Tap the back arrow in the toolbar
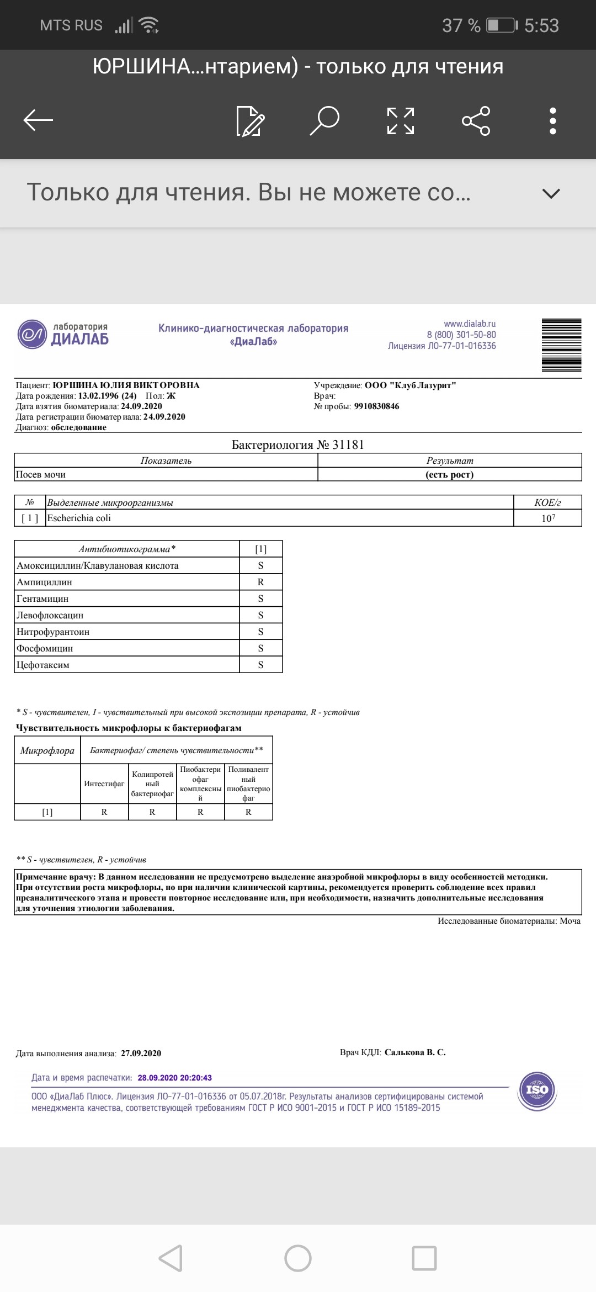pyautogui.click(x=38, y=120)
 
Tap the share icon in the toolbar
pyautogui.click(x=476, y=120)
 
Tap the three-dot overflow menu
pyautogui.click(x=552, y=120)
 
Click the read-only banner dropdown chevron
pyautogui.click(x=551, y=193)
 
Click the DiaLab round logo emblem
pyautogui.click(x=33, y=334)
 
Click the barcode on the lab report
pyautogui.click(x=561, y=345)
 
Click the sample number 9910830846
pyautogui.click(x=376, y=406)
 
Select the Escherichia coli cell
pyautogui.click(x=79, y=518)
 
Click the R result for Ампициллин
pyautogui.click(x=260, y=582)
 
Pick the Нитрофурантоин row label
pyautogui.click(x=53, y=632)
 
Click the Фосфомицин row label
pyautogui.click(x=45, y=648)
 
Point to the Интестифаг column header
pyautogui.click(x=104, y=783)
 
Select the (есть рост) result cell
pyautogui.click(x=449, y=474)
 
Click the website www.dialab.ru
pyautogui.click(x=470, y=324)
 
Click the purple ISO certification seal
pyautogui.click(x=536, y=1089)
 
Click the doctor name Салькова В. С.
pyautogui.click(x=415, y=1052)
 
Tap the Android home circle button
pyautogui.click(x=297, y=1258)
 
